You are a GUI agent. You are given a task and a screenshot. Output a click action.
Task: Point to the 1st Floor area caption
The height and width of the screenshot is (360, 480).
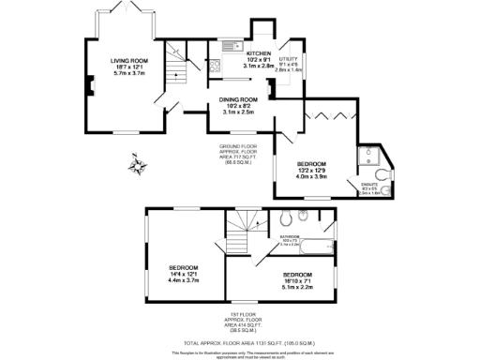click(x=243, y=322)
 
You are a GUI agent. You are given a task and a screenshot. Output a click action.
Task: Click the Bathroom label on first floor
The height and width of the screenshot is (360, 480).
click(x=291, y=237)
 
